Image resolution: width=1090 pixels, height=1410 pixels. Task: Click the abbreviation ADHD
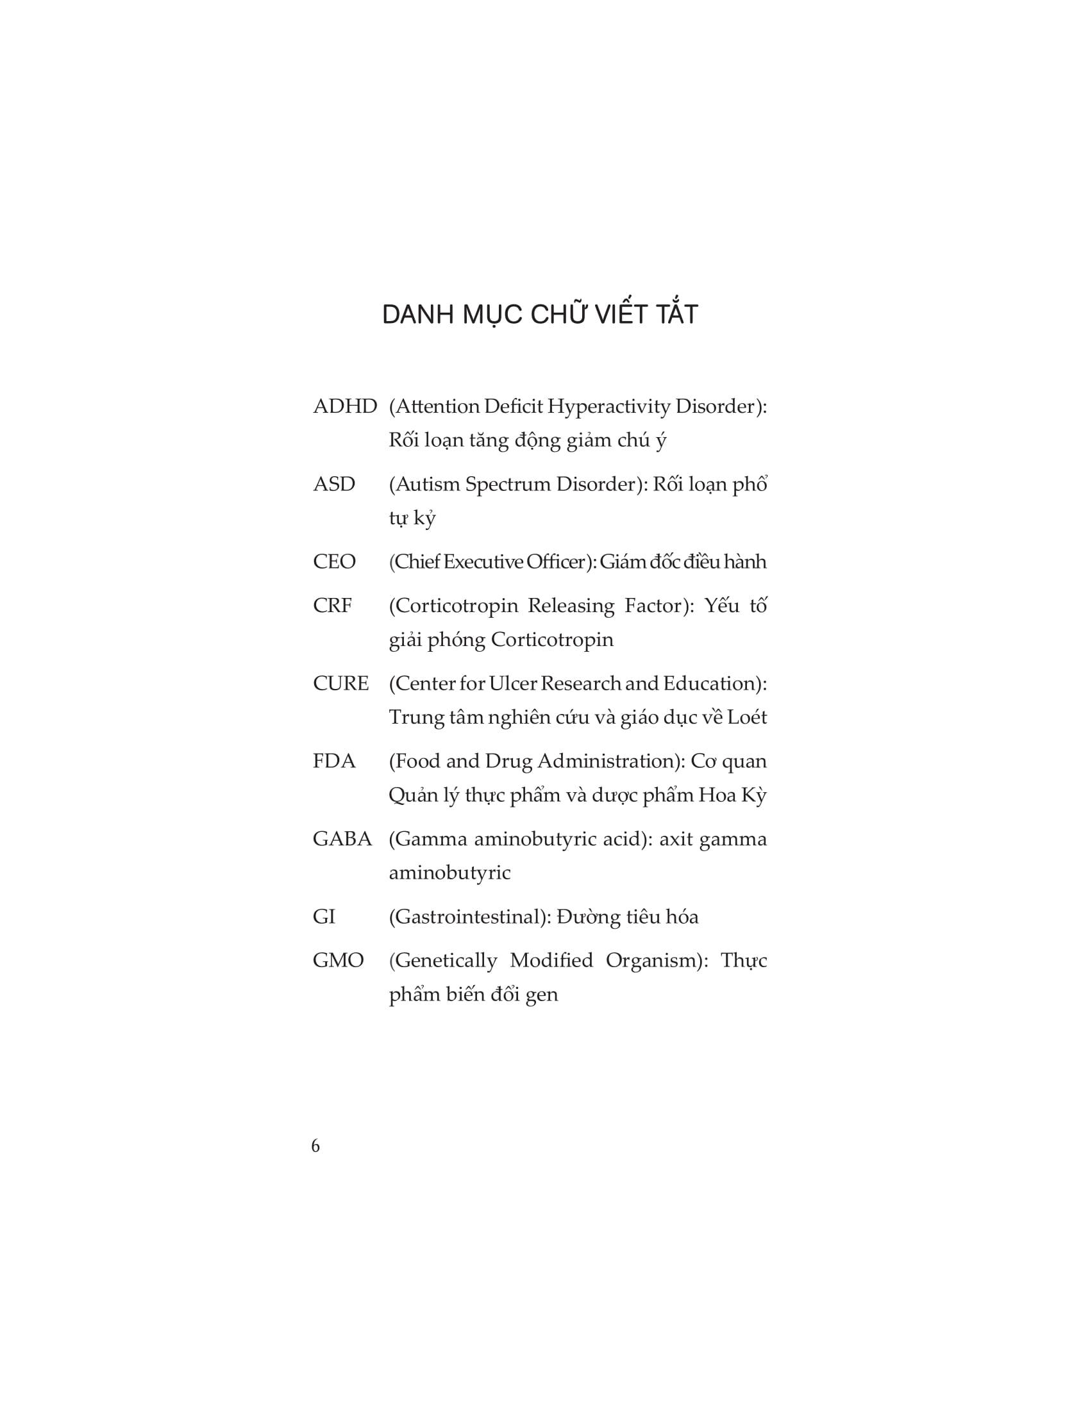[344, 407]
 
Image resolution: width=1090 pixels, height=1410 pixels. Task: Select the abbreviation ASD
[333, 484]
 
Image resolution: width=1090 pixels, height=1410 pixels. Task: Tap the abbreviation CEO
[334, 561]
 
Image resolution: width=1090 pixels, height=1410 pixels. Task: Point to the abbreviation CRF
[332, 606]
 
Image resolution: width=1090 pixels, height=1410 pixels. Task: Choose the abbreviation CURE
[340, 683]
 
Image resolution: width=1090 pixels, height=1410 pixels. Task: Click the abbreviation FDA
[334, 761]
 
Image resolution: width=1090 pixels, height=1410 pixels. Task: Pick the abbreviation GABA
[342, 839]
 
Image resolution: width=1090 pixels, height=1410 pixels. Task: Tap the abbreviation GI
[324, 916]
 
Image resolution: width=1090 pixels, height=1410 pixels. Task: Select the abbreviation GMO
[338, 960]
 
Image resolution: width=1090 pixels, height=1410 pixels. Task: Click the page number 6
[315, 1146]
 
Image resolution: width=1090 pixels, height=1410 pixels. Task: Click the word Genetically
[443, 961]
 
